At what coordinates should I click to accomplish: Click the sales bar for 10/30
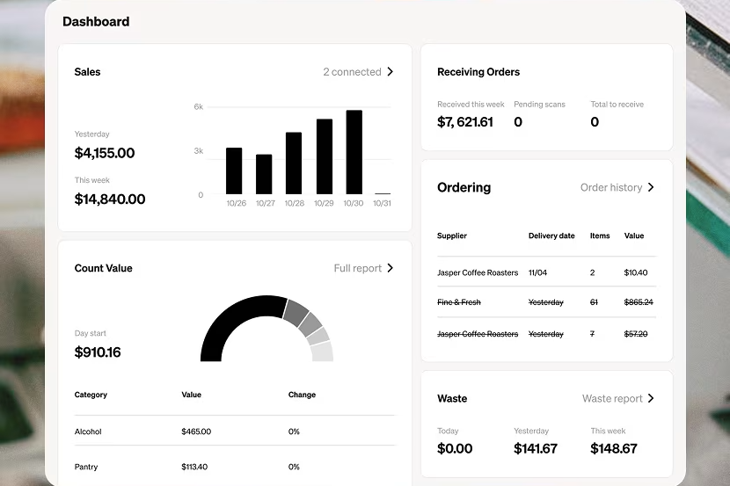(x=354, y=152)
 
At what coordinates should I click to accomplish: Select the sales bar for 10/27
(x=264, y=174)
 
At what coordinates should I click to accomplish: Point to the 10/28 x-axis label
(x=295, y=203)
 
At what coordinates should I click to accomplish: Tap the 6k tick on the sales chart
(x=198, y=106)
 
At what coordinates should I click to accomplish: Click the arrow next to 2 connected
(x=391, y=71)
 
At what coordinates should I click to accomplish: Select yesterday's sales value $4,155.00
(x=105, y=153)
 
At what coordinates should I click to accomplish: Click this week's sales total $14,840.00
(x=110, y=199)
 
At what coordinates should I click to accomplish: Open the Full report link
(x=358, y=268)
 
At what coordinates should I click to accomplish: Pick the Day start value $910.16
(x=98, y=352)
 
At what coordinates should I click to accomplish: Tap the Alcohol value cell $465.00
(x=196, y=432)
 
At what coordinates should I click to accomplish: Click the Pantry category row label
(x=86, y=467)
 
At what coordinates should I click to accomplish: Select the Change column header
(x=302, y=395)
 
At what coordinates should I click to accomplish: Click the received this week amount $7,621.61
(x=465, y=122)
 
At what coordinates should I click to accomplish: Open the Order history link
(x=611, y=187)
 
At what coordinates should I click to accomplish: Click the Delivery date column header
(x=551, y=236)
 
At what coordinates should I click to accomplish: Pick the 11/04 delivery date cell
(x=537, y=272)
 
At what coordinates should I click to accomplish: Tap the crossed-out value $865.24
(x=639, y=302)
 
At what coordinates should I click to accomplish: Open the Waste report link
(x=612, y=399)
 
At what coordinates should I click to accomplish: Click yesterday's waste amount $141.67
(x=536, y=448)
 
